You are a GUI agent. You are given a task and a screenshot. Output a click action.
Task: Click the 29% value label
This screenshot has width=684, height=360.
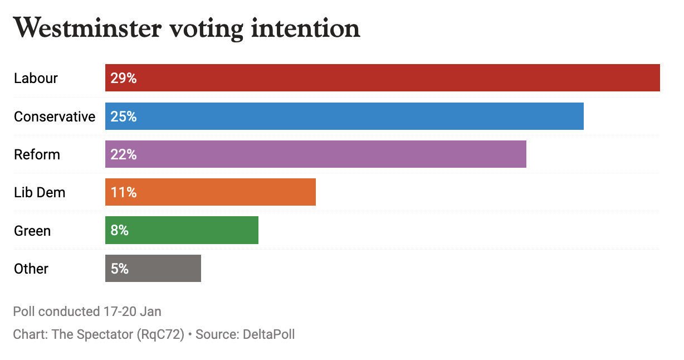pyautogui.click(x=124, y=78)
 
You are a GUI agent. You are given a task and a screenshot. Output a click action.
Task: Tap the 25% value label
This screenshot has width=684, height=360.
pyautogui.click(x=124, y=116)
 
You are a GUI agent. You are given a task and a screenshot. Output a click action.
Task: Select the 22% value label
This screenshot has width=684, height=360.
pyautogui.click(x=124, y=154)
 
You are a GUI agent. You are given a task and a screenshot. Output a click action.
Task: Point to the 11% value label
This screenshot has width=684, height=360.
pyautogui.click(x=124, y=192)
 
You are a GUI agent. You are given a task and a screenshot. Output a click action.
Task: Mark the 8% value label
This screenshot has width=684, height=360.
pyautogui.click(x=120, y=231)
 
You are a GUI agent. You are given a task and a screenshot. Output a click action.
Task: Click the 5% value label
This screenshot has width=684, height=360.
pyautogui.click(x=120, y=269)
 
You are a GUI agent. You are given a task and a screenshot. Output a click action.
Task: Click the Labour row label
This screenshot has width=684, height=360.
pyautogui.click(x=36, y=78)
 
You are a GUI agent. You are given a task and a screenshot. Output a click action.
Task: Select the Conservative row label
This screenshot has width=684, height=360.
pyautogui.click(x=55, y=116)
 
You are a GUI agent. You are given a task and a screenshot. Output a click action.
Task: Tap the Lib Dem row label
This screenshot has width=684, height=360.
pyautogui.click(x=40, y=192)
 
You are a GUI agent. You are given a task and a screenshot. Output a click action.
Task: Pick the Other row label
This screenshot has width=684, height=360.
pyautogui.click(x=31, y=269)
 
